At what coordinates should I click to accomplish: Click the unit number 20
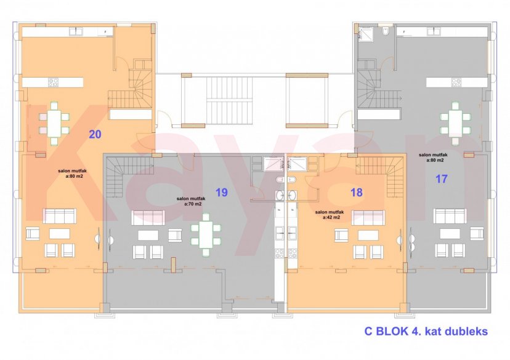pyautogui.click(x=95, y=134)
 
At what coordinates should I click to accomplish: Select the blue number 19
pyautogui.click(x=222, y=192)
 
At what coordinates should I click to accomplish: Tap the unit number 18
pyautogui.click(x=356, y=192)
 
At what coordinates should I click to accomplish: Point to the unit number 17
pyautogui.click(x=441, y=179)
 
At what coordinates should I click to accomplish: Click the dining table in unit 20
pyautogui.click(x=54, y=121)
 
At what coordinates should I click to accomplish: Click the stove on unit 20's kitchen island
pyautogui.click(x=54, y=82)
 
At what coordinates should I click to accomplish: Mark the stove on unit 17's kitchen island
pyautogui.click(x=456, y=82)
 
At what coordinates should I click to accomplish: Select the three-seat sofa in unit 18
pyautogui.click(x=368, y=217)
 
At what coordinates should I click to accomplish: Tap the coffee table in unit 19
pyautogui.click(x=148, y=234)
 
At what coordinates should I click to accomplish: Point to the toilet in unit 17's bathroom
pyautogui.click(x=384, y=32)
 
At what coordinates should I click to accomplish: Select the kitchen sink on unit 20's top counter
pyautogui.click(x=107, y=31)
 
